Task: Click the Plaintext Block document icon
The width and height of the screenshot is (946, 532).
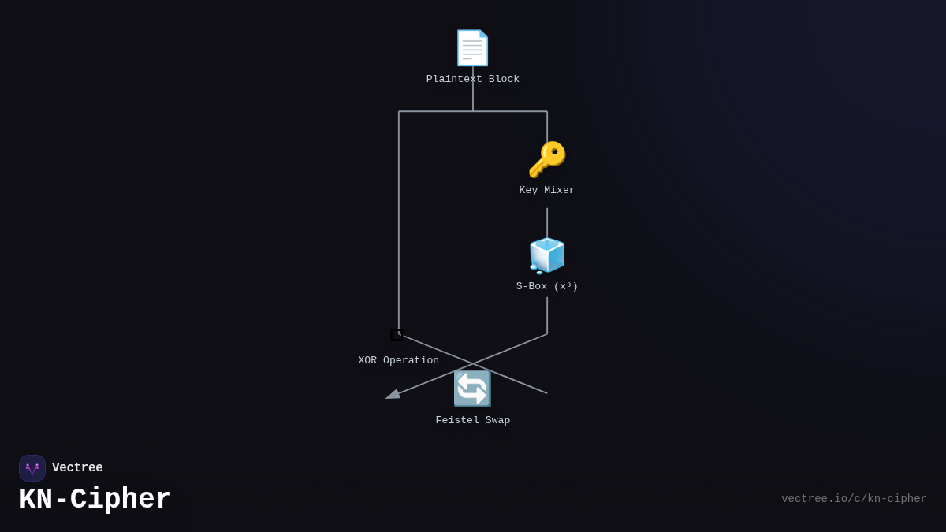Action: [472, 48]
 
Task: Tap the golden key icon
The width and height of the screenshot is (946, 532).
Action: [547, 159]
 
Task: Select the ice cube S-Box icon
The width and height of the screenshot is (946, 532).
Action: [547, 255]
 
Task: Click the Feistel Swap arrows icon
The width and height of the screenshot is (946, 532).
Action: [472, 389]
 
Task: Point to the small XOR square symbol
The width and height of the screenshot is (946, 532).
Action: [397, 335]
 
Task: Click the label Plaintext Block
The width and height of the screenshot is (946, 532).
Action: [473, 80]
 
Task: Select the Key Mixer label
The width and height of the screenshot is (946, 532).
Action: [547, 191]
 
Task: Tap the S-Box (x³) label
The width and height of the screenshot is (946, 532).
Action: [547, 287]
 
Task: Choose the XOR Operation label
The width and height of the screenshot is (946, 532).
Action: [399, 361]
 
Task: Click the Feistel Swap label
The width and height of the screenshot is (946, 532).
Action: [473, 421]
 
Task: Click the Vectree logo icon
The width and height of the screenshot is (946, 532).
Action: [32, 468]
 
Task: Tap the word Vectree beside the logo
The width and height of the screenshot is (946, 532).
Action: [77, 468]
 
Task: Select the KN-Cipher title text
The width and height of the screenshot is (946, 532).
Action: [95, 500]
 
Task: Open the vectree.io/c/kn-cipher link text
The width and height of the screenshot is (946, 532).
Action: [854, 499]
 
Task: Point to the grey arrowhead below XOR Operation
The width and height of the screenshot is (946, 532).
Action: [393, 394]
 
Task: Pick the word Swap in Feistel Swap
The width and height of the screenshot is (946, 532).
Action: [498, 421]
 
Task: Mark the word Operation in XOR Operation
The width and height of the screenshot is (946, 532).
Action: [412, 361]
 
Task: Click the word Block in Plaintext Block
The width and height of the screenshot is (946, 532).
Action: [504, 80]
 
